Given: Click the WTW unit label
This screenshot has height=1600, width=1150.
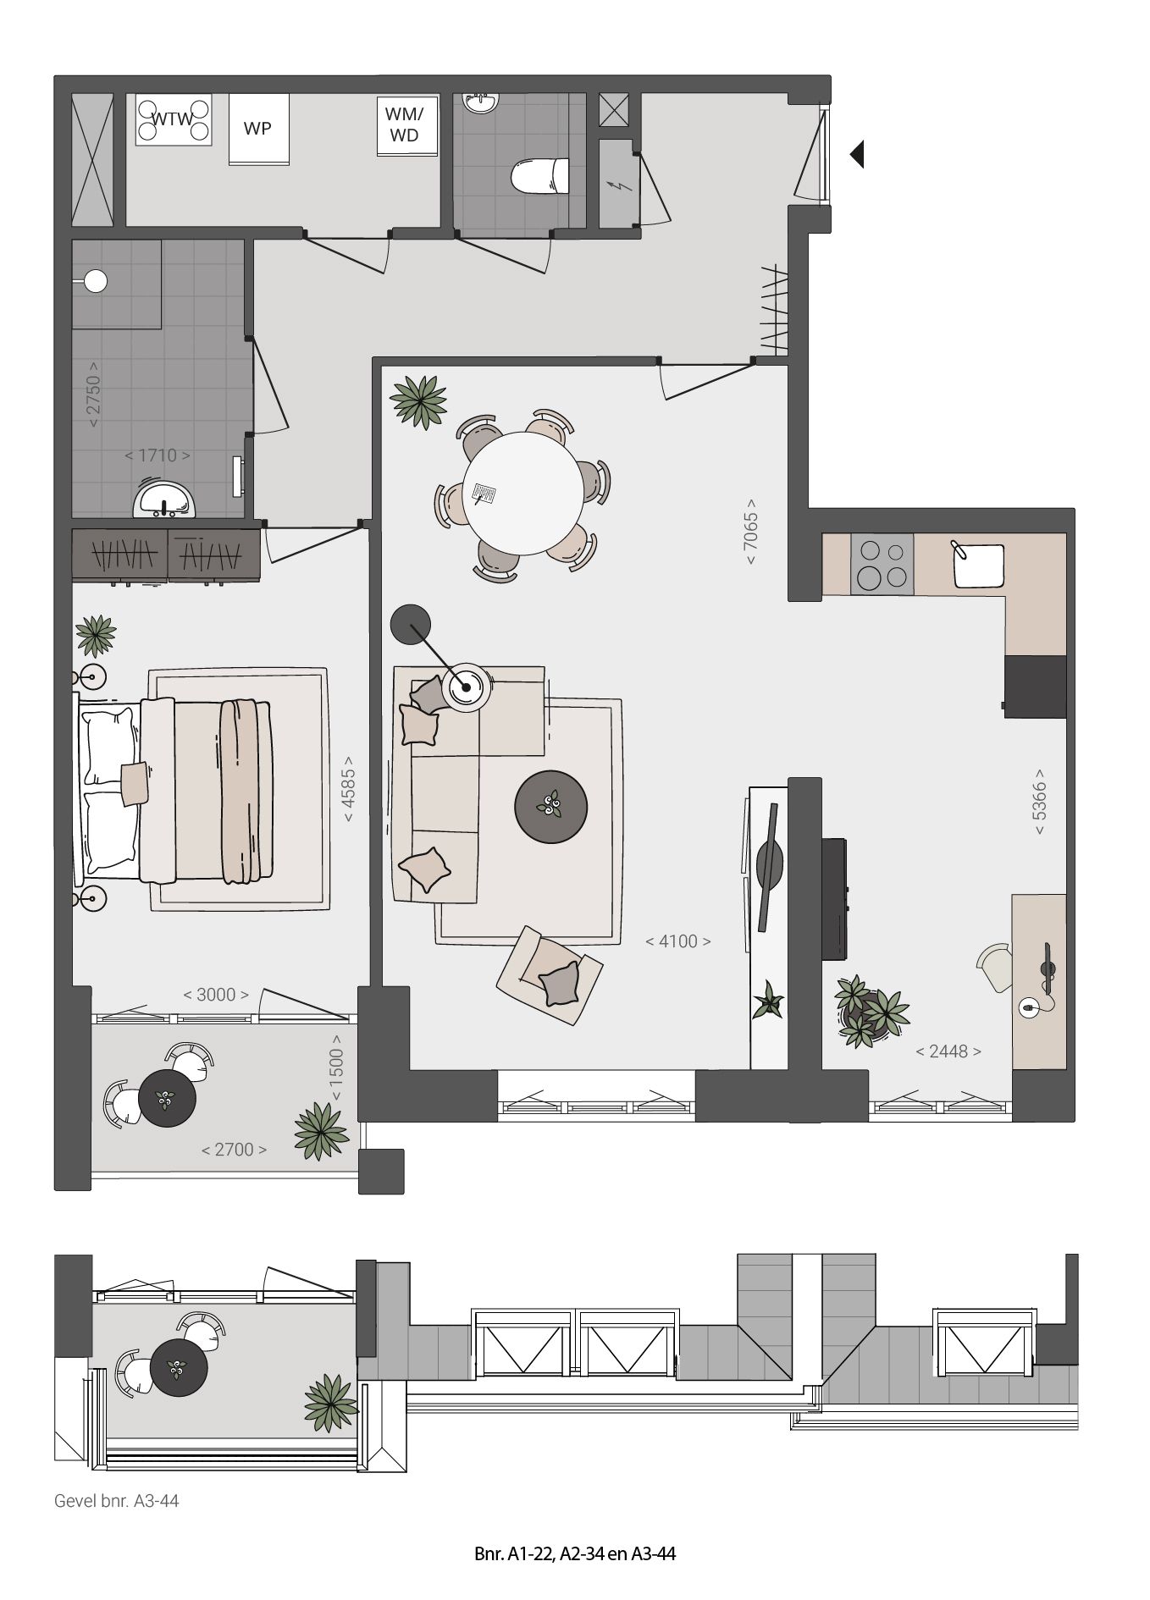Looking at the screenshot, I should point(173,119).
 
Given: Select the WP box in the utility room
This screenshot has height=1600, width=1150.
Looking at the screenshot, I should point(258,129).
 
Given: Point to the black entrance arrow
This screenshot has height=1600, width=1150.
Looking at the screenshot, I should point(857,154).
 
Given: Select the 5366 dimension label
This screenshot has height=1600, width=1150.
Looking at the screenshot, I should point(1040,801).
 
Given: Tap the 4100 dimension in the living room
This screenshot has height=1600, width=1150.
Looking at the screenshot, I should point(678,941).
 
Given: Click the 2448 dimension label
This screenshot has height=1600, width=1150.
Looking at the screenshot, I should point(948,1051).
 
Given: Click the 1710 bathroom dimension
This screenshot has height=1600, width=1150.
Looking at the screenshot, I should point(158,455).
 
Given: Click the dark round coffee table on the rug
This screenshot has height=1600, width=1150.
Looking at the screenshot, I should point(551,807).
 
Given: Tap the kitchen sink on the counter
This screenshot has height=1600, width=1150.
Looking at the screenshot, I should point(978,565).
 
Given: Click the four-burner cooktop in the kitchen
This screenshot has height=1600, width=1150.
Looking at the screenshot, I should point(882,565).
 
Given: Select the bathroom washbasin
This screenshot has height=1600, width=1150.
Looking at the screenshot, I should point(164,500).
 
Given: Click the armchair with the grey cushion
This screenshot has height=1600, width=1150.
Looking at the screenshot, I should point(550,969).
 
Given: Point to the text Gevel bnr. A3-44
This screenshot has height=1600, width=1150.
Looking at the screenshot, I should point(117,1501).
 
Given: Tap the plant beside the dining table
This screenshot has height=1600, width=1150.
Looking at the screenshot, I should point(419,400).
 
